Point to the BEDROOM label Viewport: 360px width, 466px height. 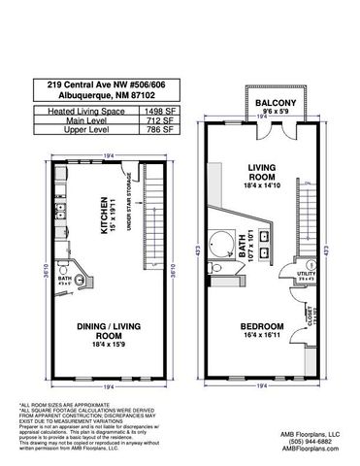[x=254, y=325]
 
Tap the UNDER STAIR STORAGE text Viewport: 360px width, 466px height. [x=130, y=219]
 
